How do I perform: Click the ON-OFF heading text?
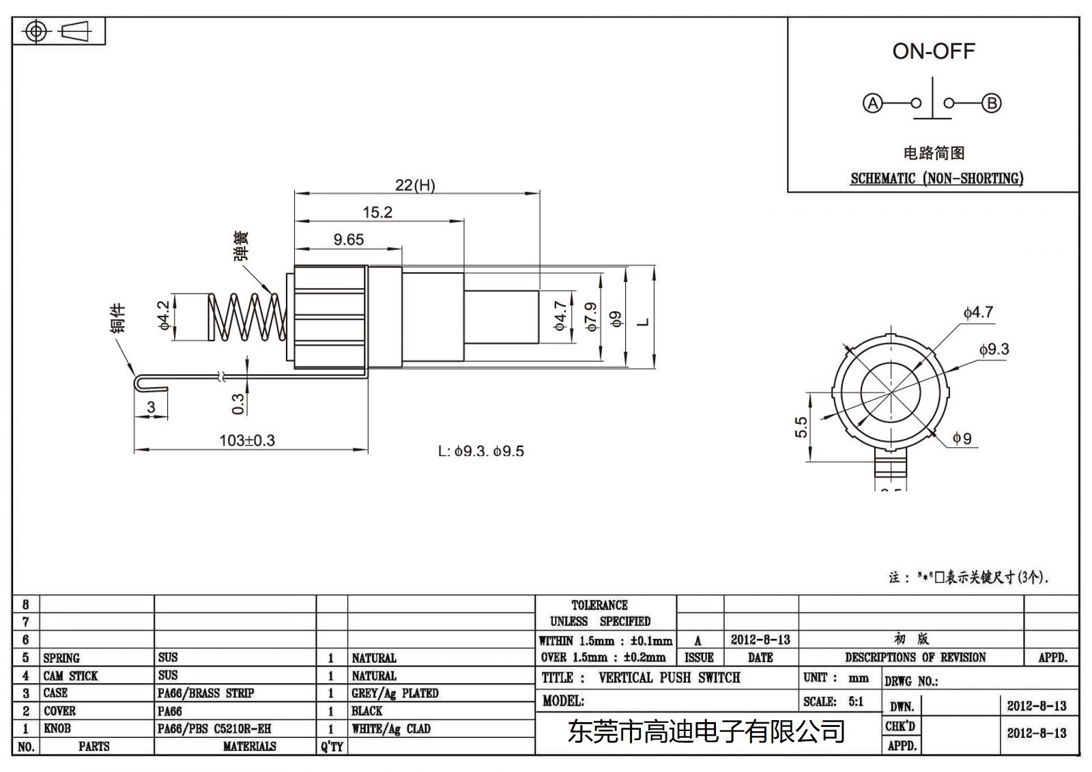(933, 51)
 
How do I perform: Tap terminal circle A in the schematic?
(872, 103)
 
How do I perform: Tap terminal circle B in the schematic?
(992, 103)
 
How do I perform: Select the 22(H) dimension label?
(415, 185)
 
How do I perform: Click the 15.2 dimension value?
(377, 212)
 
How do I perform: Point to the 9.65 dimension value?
(348, 240)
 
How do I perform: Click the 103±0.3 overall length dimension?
(246, 440)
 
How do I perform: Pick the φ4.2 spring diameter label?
(164, 316)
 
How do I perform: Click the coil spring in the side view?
(247, 317)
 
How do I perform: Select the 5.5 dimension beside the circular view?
(801, 427)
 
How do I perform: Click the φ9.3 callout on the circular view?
(994, 349)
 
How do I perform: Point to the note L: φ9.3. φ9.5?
(480, 451)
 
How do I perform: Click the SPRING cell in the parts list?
(61, 658)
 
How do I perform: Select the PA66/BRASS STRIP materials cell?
(205, 693)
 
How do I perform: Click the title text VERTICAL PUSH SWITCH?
(669, 678)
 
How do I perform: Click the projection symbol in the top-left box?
(57, 31)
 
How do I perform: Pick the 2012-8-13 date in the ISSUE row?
(760, 640)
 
